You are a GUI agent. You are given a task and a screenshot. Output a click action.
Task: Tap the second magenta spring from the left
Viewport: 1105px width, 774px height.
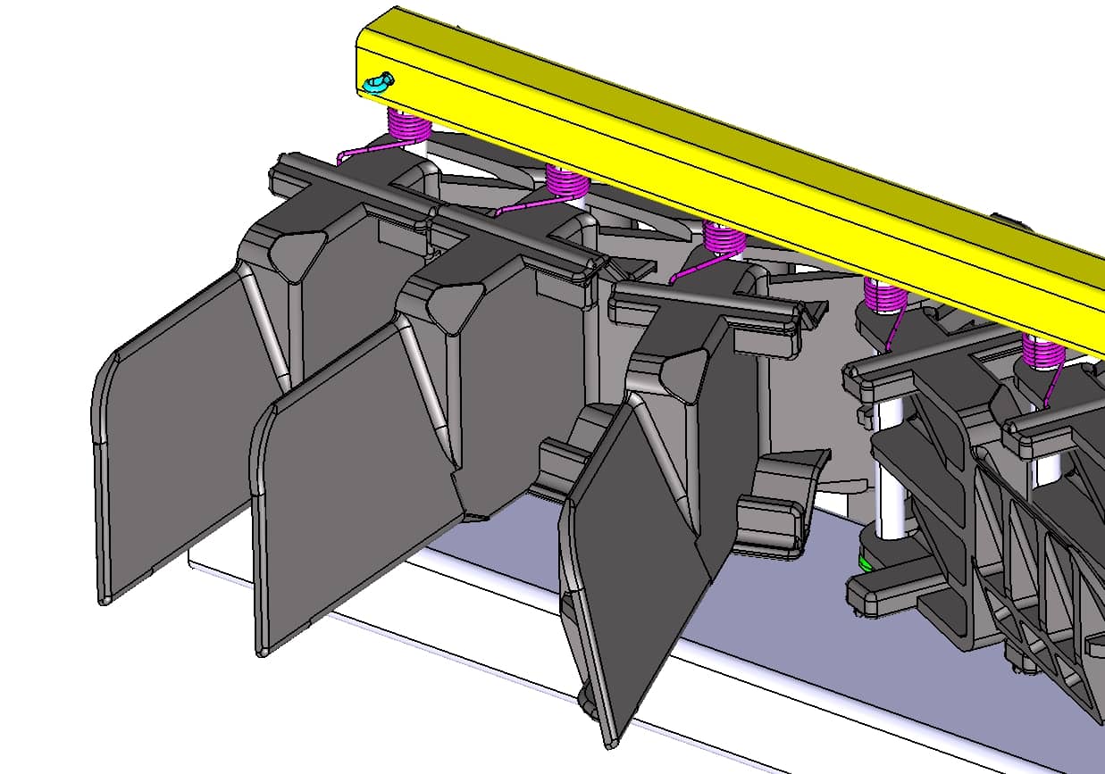click(566, 181)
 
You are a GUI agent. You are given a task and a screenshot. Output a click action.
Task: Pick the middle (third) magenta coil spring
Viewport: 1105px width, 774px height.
click(724, 237)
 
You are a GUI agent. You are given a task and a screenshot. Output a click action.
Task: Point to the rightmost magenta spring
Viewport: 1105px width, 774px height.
click(1042, 352)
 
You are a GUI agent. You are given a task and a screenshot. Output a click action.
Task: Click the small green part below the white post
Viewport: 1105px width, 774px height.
click(865, 562)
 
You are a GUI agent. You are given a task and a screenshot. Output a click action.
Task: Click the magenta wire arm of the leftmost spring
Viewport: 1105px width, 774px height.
click(366, 149)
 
